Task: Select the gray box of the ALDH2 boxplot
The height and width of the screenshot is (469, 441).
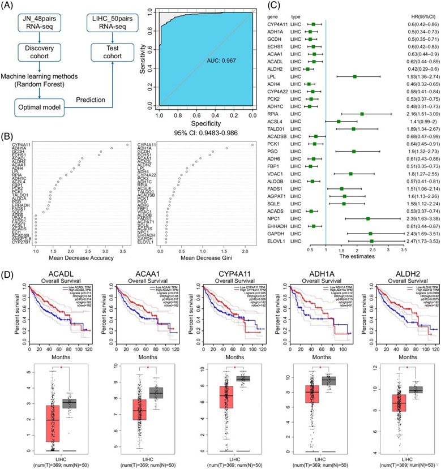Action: click(x=416, y=390)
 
